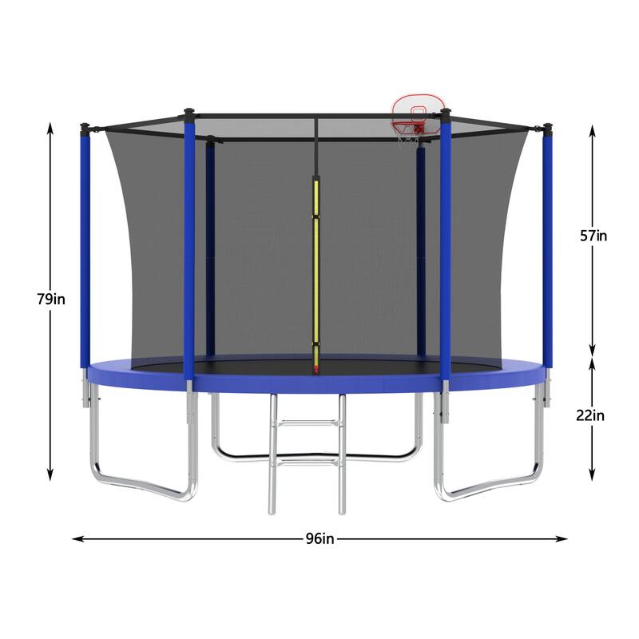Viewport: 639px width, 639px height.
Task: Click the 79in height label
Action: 51,300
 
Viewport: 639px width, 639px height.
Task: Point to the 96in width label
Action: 319,538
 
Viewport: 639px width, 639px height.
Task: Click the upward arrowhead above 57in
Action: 591,128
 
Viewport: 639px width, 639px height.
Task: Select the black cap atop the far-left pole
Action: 85,126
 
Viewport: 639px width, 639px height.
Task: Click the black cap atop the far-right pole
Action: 548,126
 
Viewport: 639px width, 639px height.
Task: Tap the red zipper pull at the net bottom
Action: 316,370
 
